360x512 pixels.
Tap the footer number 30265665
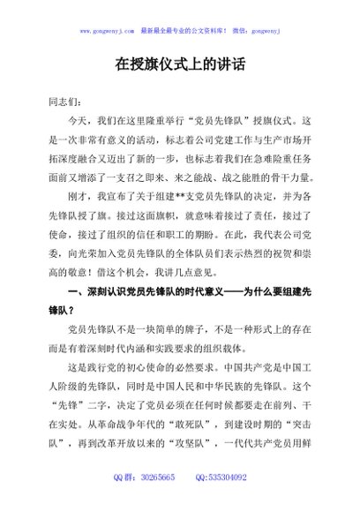pos(158,477)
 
